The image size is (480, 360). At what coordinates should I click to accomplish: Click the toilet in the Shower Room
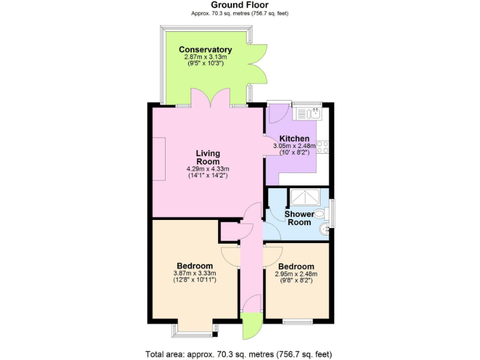click(321, 214)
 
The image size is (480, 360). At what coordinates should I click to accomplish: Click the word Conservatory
click(205, 49)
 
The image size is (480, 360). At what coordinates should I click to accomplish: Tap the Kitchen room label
click(294, 139)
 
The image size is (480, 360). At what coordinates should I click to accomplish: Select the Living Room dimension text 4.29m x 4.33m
click(207, 169)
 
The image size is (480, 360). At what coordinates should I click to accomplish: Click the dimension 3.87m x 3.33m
click(194, 273)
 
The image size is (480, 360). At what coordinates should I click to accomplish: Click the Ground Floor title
click(240, 5)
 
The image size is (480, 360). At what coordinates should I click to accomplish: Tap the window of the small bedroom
click(297, 321)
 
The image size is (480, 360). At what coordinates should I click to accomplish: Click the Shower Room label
click(299, 218)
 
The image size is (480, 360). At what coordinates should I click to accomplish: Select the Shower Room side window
click(332, 213)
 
